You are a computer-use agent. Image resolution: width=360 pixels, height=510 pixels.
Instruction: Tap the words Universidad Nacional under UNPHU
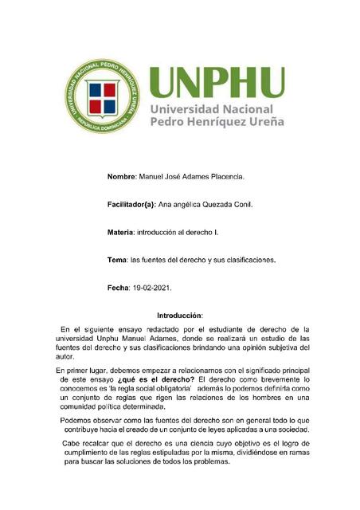pos(212,109)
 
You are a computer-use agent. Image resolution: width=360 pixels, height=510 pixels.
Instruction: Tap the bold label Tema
pos(117,260)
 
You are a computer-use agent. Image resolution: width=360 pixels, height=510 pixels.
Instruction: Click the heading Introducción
pos(180,316)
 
